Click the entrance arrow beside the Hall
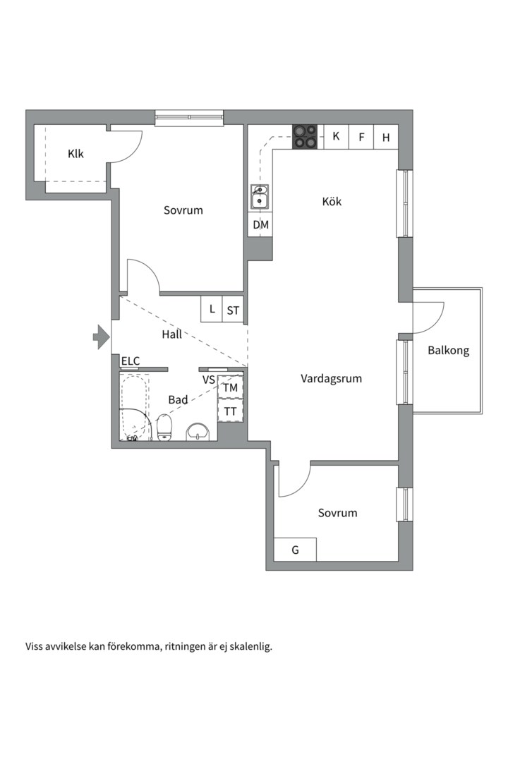(101, 337)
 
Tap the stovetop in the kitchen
(305, 137)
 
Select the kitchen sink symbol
(260, 197)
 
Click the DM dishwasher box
(260, 224)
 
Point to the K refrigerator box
(336, 137)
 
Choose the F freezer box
(361, 137)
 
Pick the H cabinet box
(386, 137)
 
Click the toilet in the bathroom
(164, 427)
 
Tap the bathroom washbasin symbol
(198, 431)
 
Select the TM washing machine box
(231, 387)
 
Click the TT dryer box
(231, 411)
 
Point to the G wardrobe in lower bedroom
(295, 550)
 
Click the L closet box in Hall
(212, 309)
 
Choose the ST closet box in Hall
(233, 309)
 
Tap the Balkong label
(448, 351)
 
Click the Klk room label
(75, 154)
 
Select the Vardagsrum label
(331, 379)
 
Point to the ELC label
(131, 361)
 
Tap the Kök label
(332, 200)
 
